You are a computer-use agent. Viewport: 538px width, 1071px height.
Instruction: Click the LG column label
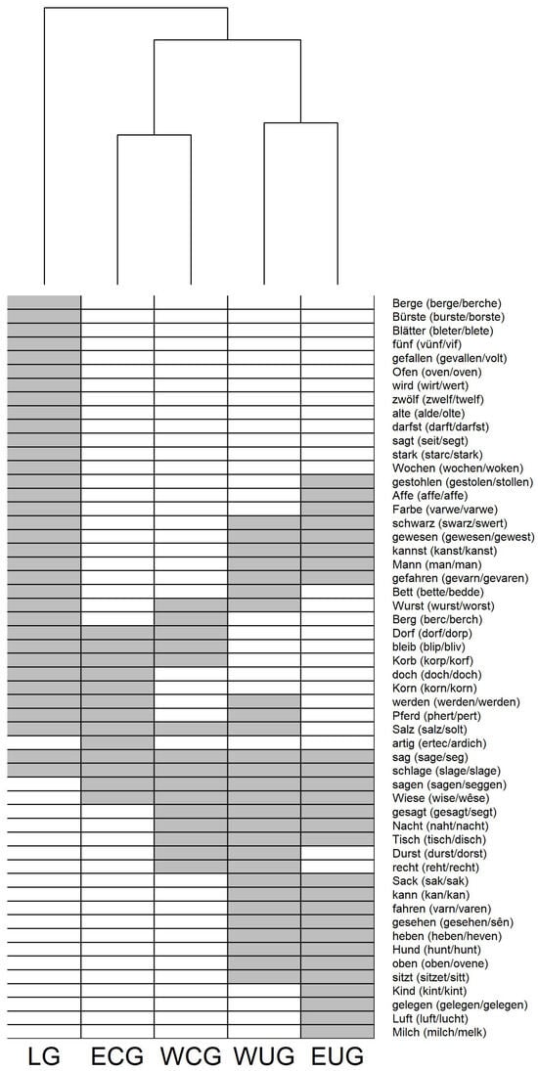[43, 1056]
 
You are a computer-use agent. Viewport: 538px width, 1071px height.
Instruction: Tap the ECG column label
[117, 1056]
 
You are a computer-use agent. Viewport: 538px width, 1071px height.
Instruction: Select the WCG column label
[191, 1056]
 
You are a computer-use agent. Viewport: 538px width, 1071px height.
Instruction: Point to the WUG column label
[264, 1056]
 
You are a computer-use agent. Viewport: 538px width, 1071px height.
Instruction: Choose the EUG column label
[337, 1056]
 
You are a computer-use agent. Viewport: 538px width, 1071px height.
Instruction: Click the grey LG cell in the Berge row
[44, 302]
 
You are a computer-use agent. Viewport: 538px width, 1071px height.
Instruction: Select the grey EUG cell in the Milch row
[337, 1032]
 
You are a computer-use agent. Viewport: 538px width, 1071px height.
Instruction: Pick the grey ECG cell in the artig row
[117, 742]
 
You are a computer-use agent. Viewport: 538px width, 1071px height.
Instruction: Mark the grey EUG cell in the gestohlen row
[337, 482]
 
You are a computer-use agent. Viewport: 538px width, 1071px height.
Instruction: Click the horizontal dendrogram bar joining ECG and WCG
[154, 135]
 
